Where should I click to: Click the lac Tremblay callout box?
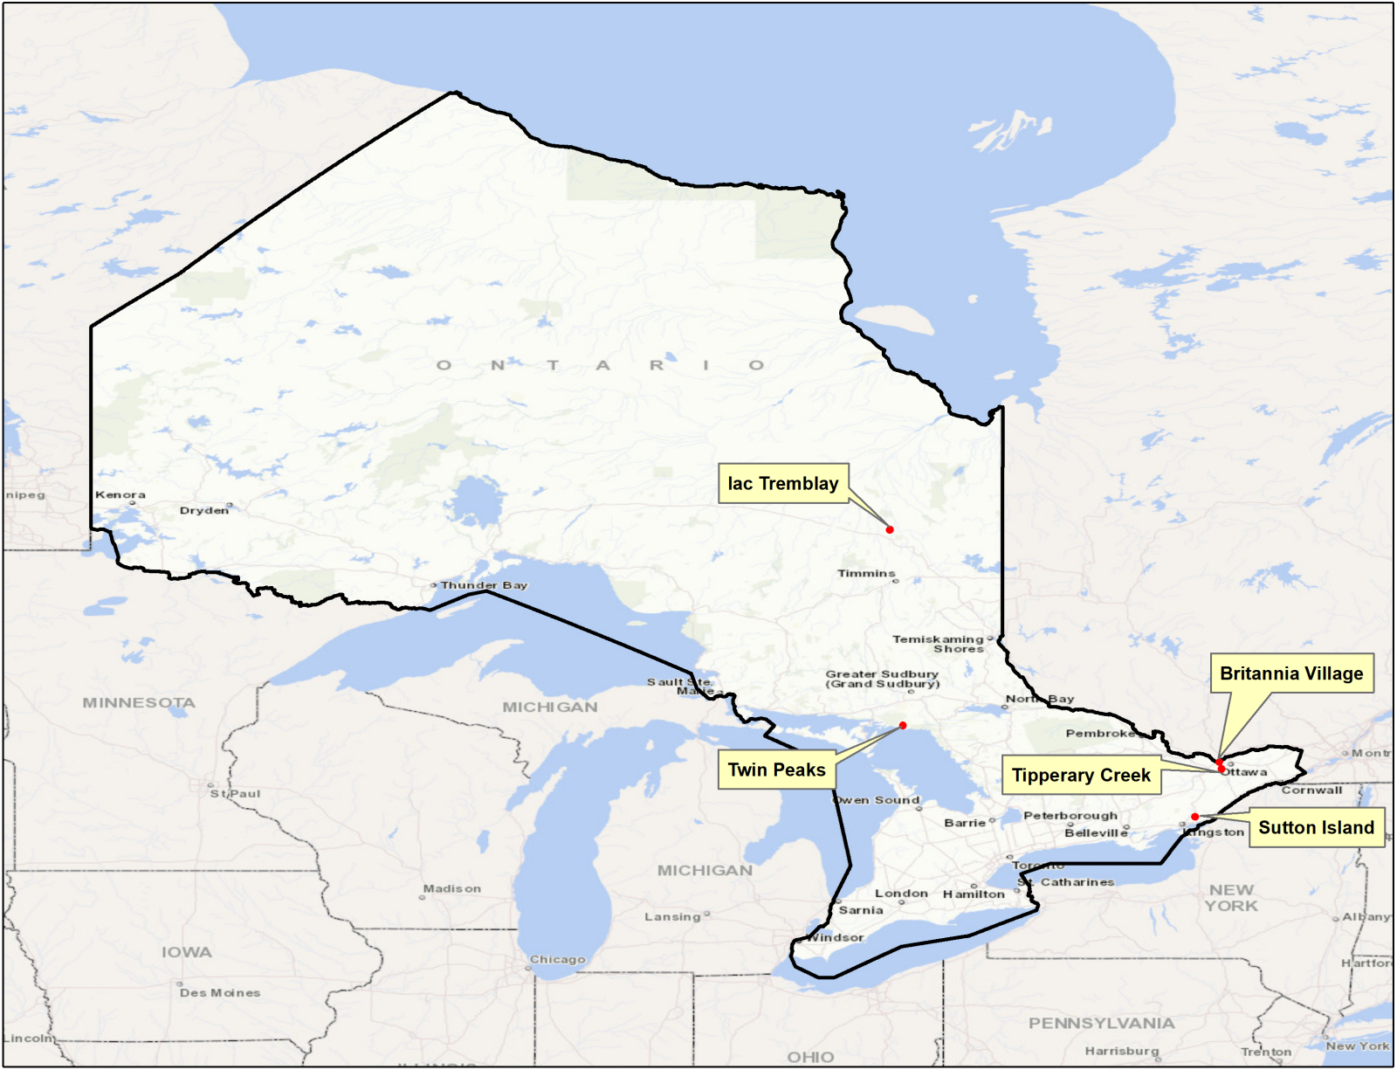(x=783, y=483)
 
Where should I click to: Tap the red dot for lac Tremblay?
(x=890, y=529)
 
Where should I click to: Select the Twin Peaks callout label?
(x=776, y=770)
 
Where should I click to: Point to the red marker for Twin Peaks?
(x=903, y=725)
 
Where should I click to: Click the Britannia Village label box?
(x=1290, y=673)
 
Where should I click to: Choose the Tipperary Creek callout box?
(x=1080, y=775)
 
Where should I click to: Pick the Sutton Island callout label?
(x=1316, y=827)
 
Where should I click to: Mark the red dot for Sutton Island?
(x=1194, y=817)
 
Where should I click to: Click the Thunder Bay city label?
(x=484, y=585)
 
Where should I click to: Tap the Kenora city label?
(x=120, y=494)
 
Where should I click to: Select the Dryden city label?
(x=203, y=510)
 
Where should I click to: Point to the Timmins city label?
(x=866, y=573)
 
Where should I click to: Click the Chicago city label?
(x=557, y=959)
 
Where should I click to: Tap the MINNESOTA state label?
(x=139, y=702)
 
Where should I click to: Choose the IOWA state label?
(x=186, y=952)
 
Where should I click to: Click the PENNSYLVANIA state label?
(x=1101, y=1023)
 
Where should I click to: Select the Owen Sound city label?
(x=876, y=800)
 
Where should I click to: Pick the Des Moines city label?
(x=220, y=992)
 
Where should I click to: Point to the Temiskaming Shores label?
(x=939, y=644)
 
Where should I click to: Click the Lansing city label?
(x=672, y=916)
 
